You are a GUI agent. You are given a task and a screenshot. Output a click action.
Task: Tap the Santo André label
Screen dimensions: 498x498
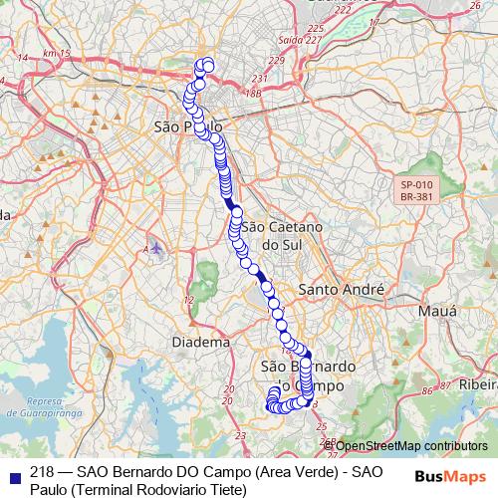[x=342, y=290]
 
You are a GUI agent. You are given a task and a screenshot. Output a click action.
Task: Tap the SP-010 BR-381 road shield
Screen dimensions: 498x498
[x=417, y=191]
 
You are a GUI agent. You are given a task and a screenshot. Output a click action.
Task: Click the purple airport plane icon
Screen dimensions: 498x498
[x=157, y=246]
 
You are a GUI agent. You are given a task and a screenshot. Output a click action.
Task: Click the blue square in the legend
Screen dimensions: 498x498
[x=13, y=473]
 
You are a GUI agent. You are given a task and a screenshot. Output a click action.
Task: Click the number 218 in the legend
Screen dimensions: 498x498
[x=43, y=472]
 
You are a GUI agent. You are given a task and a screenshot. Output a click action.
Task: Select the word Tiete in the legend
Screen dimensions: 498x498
[x=221, y=489]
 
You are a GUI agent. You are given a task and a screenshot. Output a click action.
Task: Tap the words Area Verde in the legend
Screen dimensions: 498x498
[x=297, y=472]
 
